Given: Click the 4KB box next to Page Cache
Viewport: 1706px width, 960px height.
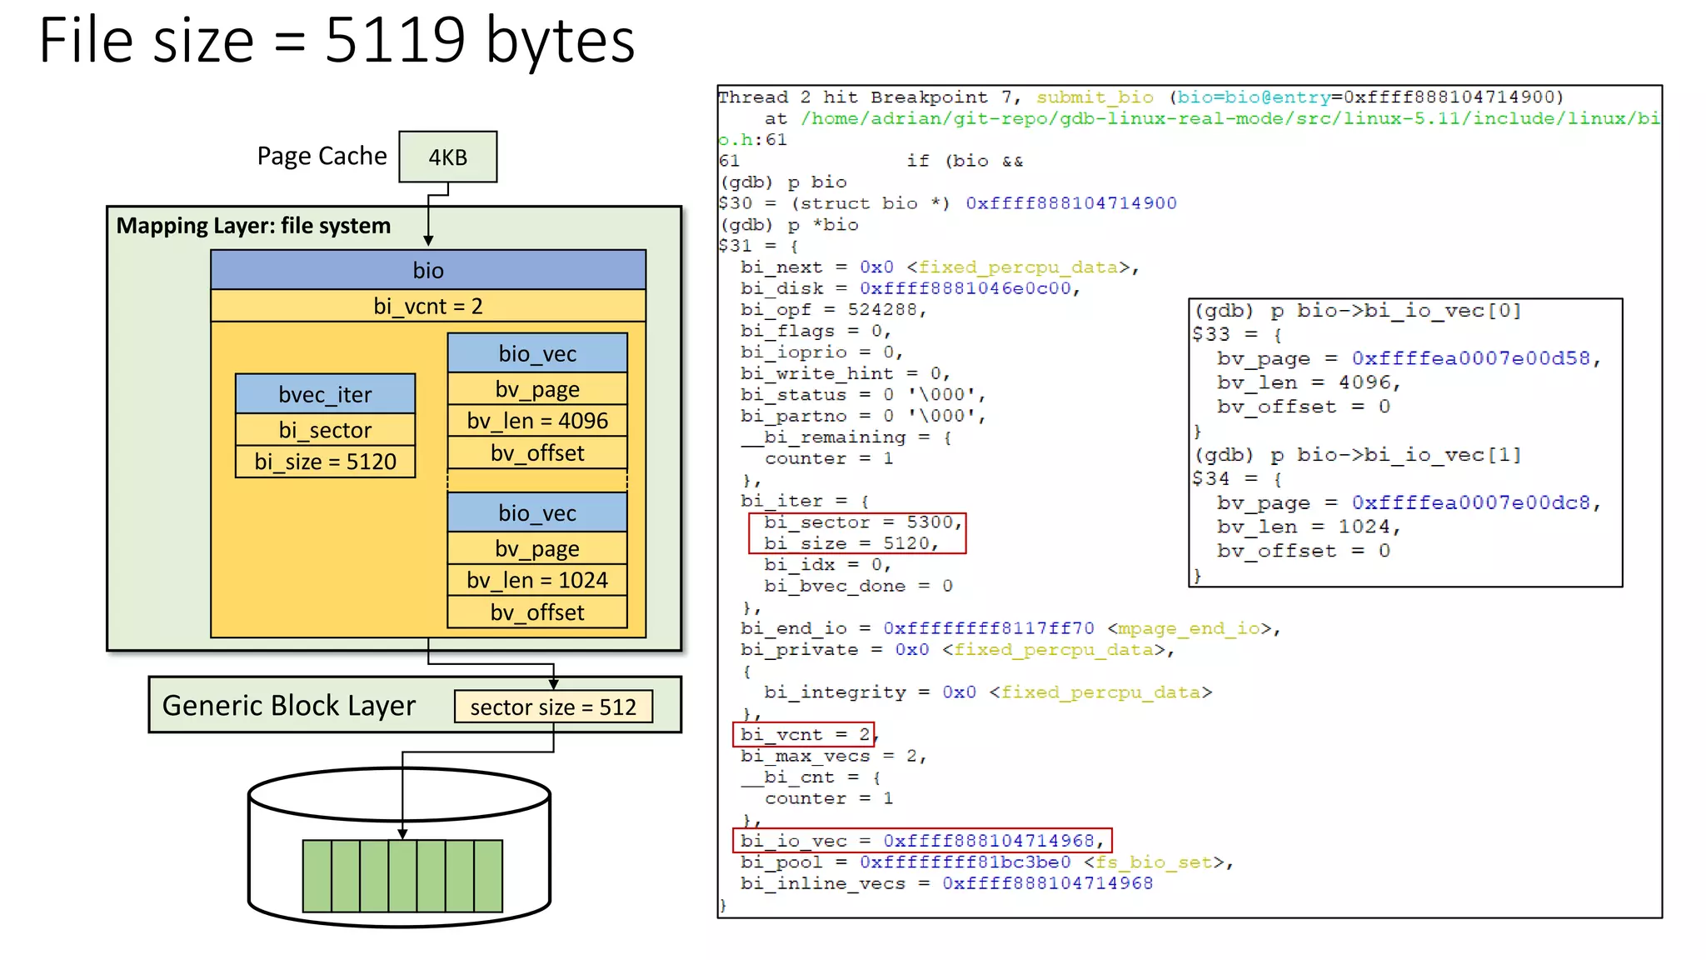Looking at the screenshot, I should (447, 157).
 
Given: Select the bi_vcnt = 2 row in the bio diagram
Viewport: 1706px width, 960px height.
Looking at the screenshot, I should (427, 306).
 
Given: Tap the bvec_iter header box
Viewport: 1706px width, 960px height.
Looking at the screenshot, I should (325, 394).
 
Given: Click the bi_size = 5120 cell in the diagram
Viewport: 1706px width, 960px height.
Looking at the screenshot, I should (325, 462).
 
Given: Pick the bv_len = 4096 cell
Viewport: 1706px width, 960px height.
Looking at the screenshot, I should (537, 421).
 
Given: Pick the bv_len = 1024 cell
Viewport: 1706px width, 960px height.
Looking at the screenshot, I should (537, 580).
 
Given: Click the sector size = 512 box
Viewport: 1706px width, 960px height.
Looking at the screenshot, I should (553, 707).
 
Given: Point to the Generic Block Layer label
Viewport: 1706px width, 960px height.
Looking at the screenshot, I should (288, 706).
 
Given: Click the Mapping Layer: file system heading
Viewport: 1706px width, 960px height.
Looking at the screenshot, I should (253, 226).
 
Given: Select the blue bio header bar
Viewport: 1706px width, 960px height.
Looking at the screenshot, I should (427, 270).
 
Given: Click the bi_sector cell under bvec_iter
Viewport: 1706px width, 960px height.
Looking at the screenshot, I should (325, 430).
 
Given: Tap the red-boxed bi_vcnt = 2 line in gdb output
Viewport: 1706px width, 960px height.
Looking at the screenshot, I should (804, 734).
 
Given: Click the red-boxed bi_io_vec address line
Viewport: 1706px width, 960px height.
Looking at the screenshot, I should (921, 841).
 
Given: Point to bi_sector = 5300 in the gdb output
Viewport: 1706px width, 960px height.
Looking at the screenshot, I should (862, 522).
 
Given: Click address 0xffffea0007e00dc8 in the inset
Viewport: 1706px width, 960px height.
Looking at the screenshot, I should (1469, 502).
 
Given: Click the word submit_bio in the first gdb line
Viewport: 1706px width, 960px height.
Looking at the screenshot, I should (1095, 97).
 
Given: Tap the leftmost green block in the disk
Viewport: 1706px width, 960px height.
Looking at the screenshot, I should (317, 876).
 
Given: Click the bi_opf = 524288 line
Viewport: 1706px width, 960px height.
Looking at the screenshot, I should (832, 309).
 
